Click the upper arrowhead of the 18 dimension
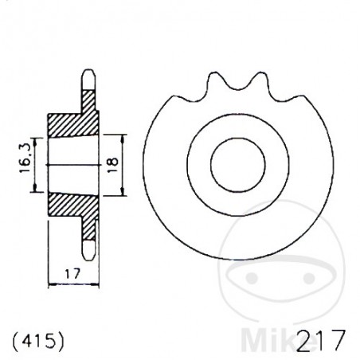pyautogui.click(x=123, y=135)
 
